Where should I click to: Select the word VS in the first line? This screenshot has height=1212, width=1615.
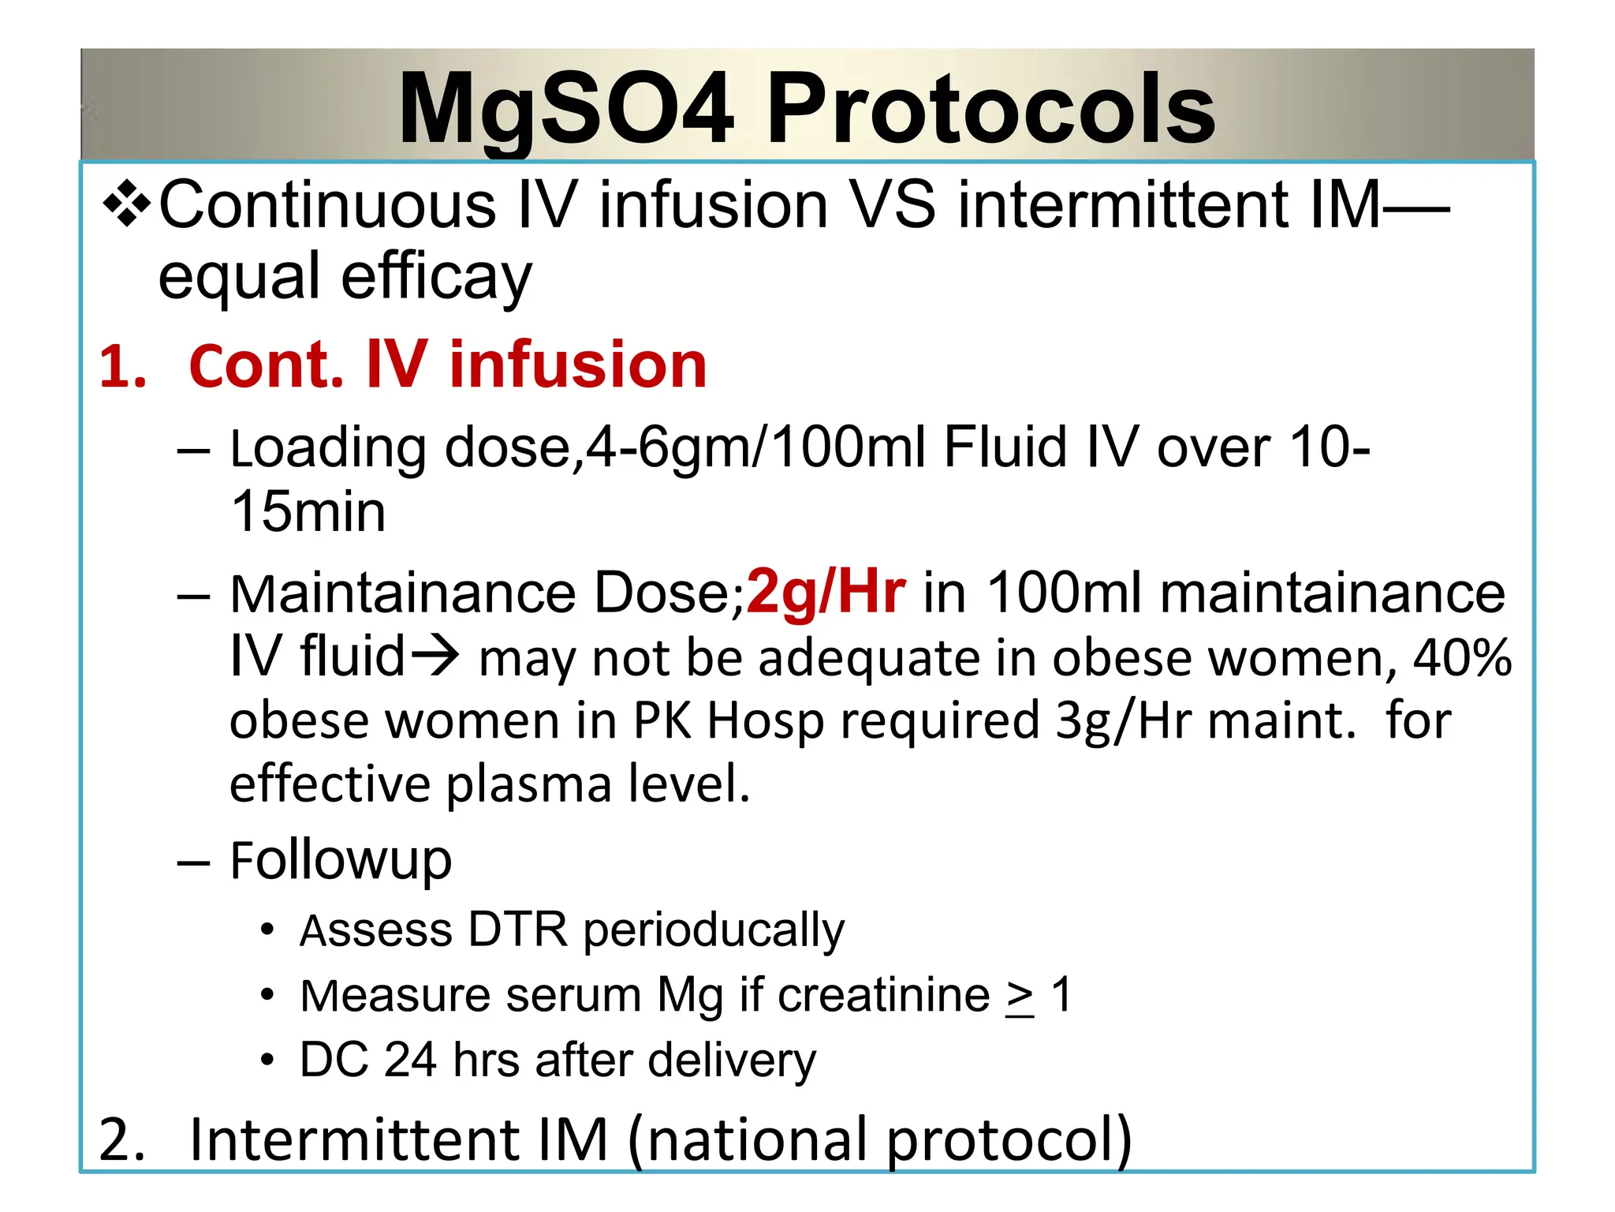tap(893, 205)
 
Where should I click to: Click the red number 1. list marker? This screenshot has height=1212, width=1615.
tap(123, 368)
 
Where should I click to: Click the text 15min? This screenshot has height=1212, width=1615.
tap(308, 512)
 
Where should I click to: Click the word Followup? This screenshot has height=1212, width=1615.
tap(341, 860)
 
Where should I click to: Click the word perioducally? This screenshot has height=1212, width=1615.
tap(714, 931)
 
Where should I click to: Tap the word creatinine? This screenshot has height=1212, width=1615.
tap(883, 995)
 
